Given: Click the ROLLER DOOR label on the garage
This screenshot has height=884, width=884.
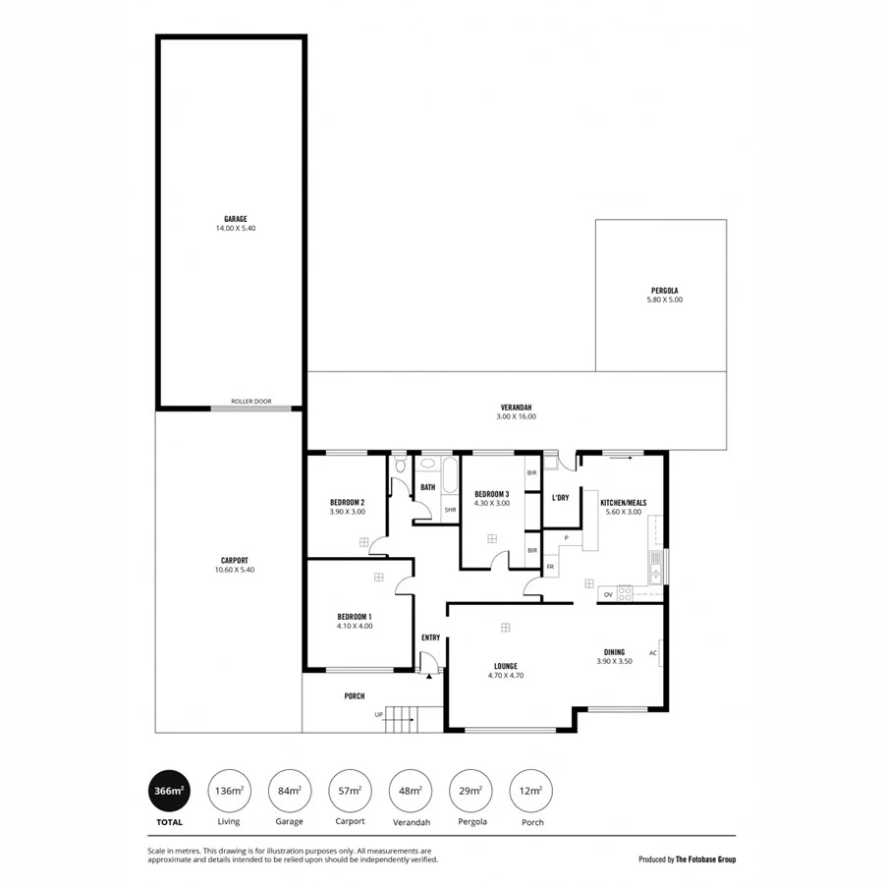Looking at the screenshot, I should tap(251, 402).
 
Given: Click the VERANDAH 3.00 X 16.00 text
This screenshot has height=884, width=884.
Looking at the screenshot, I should tap(516, 412).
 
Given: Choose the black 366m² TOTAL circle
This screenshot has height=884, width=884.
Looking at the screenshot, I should tap(169, 790).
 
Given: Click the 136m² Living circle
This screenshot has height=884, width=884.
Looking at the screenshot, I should tap(228, 790).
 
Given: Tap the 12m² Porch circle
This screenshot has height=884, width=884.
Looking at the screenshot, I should tap(530, 790).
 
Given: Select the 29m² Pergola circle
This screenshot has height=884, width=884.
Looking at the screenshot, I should tap(470, 790).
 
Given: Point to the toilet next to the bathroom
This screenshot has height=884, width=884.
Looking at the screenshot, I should tap(400, 468).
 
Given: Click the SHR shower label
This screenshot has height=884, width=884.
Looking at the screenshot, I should tap(450, 510).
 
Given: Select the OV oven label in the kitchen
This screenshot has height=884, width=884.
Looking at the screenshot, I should tap(608, 594).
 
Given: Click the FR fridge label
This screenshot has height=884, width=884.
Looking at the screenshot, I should tap(551, 567).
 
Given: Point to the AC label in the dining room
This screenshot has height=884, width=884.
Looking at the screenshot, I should tap(652, 653).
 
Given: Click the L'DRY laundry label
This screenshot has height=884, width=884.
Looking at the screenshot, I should tap(561, 498).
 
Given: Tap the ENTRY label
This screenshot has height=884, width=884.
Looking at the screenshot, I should tap(430, 637).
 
